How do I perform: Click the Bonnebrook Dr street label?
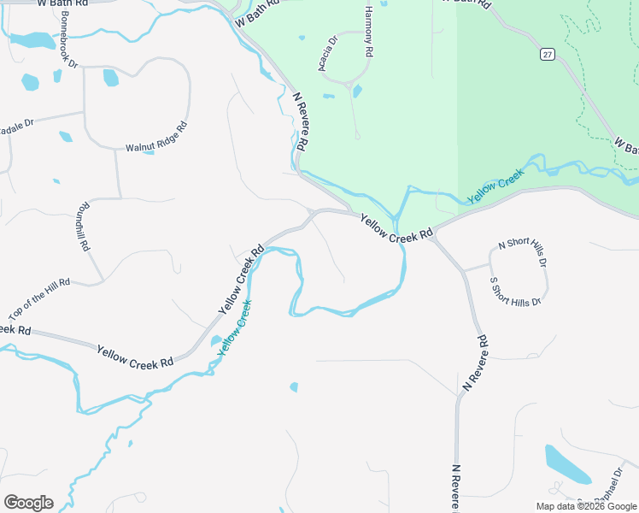[69, 52]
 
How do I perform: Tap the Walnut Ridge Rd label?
[156, 136]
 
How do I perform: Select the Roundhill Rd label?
[83, 227]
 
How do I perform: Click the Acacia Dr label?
[329, 53]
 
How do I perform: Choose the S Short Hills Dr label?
[515, 292]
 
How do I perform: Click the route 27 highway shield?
[548, 54]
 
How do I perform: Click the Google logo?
[28, 503]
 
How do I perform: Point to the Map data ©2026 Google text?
[586, 506]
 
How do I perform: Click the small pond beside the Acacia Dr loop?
[357, 91]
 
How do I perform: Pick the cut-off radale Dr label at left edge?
[16, 123]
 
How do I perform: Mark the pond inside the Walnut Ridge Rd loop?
[110, 78]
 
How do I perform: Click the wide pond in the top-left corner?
[32, 40]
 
